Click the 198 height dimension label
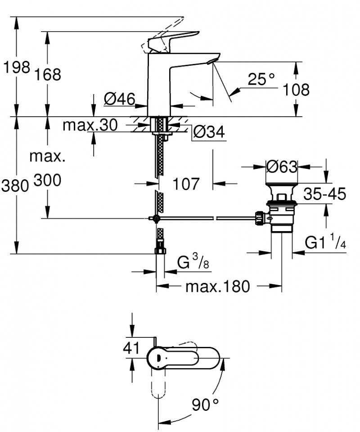[17, 68]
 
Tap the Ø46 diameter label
[119, 99]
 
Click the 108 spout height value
[296, 90]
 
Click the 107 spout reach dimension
[186, 183]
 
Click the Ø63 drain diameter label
[282, 167]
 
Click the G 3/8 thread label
[193, 262]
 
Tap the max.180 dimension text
[218, 286]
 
